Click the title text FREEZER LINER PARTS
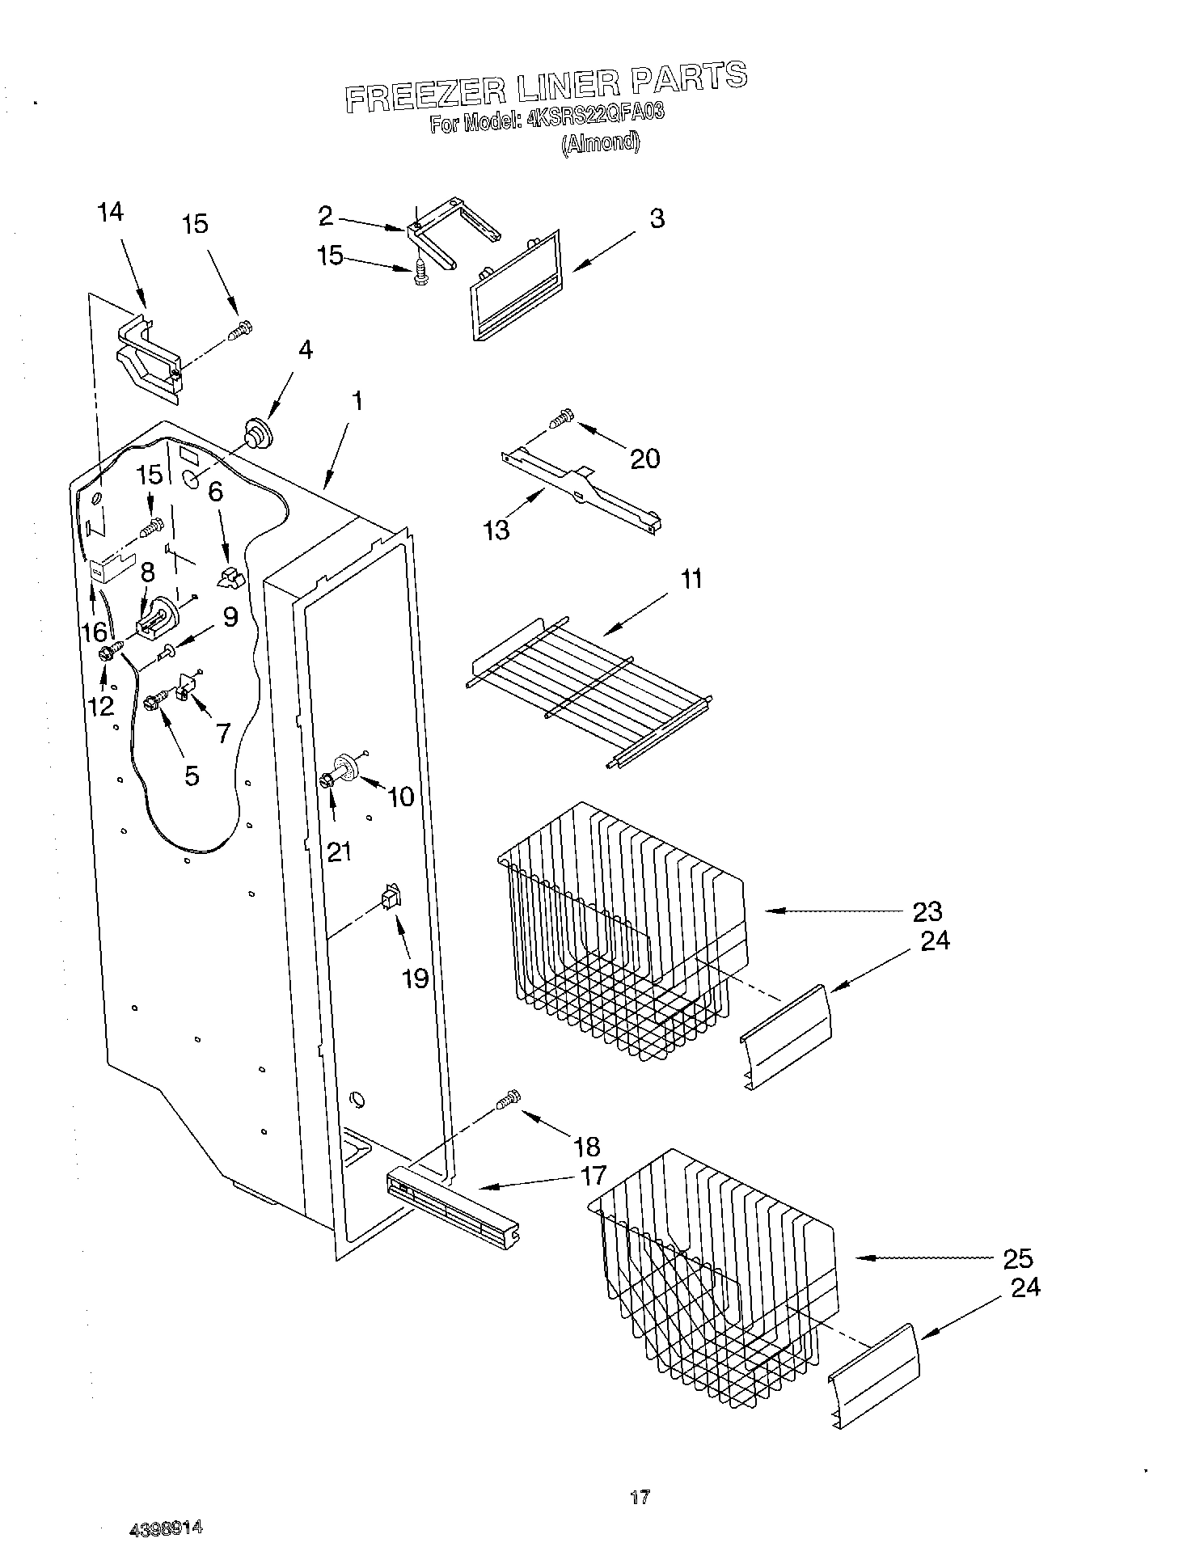pyautogui.click(x=546, y=87)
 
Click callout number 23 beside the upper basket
pyautogui.click(x=927, y=911)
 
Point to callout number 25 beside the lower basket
pyautogui.click(x=1017, y=1258)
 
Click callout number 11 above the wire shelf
pyautogui.click(x=691, y=579)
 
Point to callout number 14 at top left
pyautogui.click(x=111, y=212)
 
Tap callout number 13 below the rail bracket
pyautogui.click(x=496, y=530)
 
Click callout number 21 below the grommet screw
pyautogui.click(x=339, y=852)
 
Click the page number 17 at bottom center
pyautogui.click(x=640, y=1498)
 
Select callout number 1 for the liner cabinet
pyautogui.click(x=356, y=401)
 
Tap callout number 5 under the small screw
pyautogui.click(x=192, y=776)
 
